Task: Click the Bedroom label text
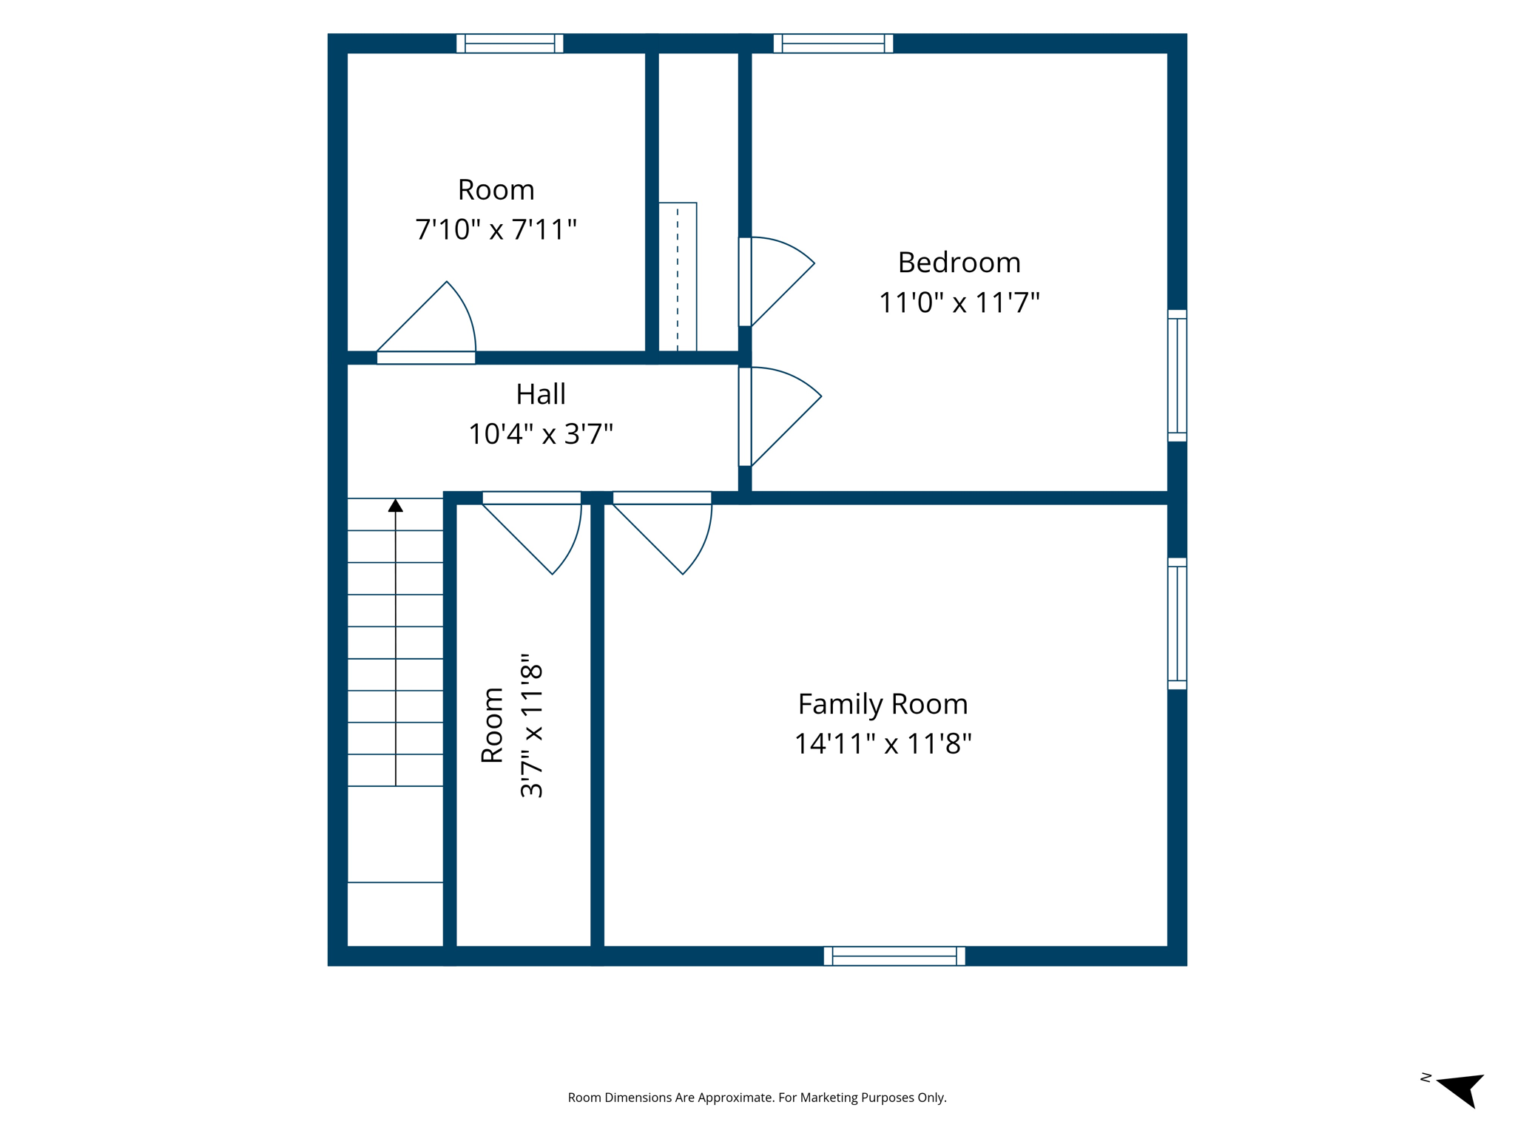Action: tap(959, 263)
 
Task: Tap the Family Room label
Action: tap(883, 704)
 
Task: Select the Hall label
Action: tap(541, 394)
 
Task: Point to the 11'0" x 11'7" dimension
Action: tap(959, 302)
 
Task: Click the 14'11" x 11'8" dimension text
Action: tap(883, 743)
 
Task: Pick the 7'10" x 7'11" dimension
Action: tap(496, 229)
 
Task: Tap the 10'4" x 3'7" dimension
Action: tap(541, 433)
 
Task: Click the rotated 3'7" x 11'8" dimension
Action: tap(532, 726)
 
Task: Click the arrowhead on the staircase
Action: tap(396, 506)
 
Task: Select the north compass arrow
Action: tap(1462, 1089)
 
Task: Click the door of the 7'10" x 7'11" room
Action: tap(426, 322)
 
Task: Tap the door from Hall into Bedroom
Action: tap(780, 416)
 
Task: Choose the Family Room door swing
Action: tap(662, 532)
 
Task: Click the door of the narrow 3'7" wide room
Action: tap(532, 532)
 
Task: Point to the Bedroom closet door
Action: tap(777, 281)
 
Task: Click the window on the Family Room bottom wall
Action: tap(894, 956)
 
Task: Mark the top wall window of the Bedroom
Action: tap(833, 44)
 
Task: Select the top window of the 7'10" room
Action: tap(510, 44)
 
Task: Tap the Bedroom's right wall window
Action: tap(1177, 376)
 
